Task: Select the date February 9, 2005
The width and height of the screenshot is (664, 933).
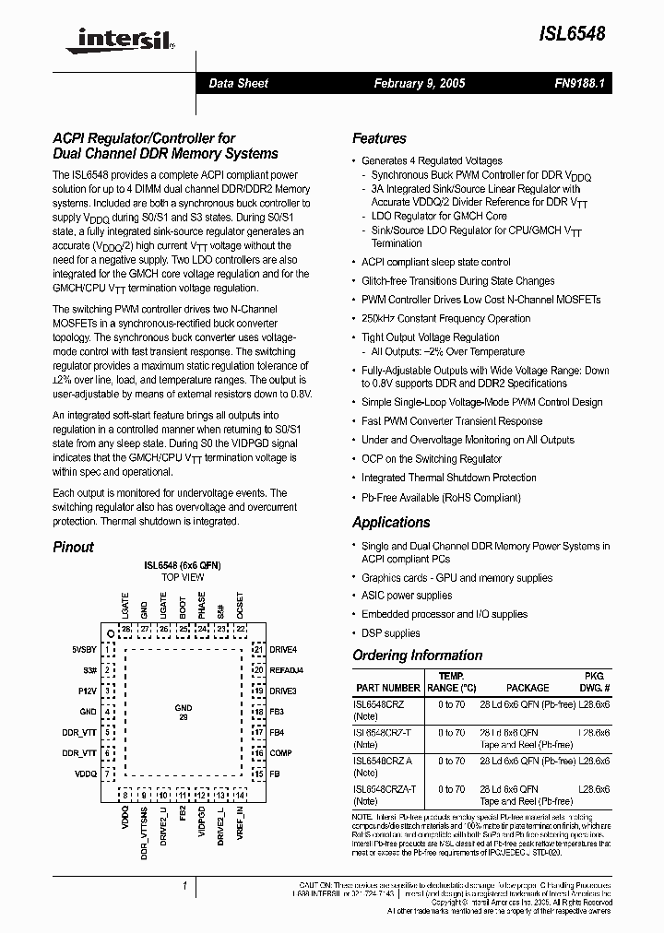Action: pos(419,83)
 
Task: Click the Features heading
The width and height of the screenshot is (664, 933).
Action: pos(379,138)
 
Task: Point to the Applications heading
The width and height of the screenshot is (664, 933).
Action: pos(391,522)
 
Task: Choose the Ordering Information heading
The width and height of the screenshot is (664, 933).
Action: pos(417,655)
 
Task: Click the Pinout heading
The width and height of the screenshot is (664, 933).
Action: pos(73,547)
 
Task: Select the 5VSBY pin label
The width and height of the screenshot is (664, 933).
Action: pos(84,650)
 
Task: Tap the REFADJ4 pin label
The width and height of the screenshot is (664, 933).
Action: pos(286,670)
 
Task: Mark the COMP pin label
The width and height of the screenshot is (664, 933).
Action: pos(280,753)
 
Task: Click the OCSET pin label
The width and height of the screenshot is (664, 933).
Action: pos(241,607)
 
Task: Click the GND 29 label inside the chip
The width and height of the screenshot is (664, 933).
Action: pos(184,713)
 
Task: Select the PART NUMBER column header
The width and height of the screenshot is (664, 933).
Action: pos(386,688)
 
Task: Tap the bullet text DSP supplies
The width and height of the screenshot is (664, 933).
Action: pos(390,633)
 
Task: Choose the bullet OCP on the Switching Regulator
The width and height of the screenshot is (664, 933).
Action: pos(432,458)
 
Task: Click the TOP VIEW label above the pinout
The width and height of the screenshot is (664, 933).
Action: pos(183,576)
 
